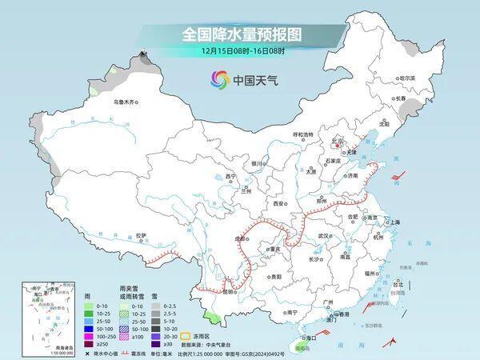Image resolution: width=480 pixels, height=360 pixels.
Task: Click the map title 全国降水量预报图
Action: tap(240, 36)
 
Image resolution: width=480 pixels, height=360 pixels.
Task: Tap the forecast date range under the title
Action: tap(240, 53)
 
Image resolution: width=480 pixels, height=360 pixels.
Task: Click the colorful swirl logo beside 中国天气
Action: tap(220, 79)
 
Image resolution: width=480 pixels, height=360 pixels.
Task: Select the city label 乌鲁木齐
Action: tap(126, 102)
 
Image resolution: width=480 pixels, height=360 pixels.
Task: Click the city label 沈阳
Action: tap(385, 124)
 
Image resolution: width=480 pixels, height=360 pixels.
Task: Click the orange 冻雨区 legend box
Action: tap(186, 336)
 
